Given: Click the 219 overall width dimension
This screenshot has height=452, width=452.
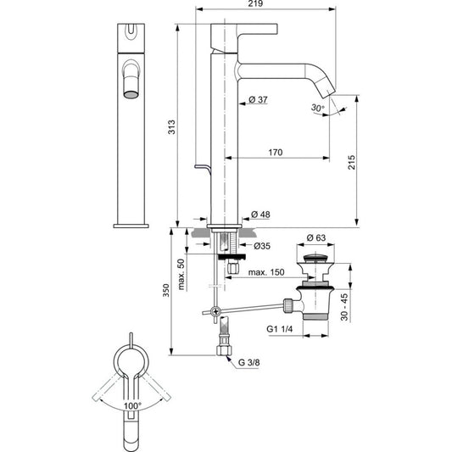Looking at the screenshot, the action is [x=255, y=3].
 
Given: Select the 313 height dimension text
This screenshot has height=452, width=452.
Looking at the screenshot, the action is [x=171, y=127].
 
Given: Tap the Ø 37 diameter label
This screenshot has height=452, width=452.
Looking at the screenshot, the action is [x=258, y=100].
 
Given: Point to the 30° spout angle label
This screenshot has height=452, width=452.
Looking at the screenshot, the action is [x=318, y=108].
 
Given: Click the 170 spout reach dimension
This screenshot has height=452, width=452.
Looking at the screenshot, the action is [x=276, y=152].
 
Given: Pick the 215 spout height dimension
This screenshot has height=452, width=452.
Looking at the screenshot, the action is [x=352, y=162].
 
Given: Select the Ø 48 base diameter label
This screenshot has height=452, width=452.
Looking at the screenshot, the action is [x=260, y=215].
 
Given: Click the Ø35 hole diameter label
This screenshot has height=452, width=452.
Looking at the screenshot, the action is [x=262, y=246].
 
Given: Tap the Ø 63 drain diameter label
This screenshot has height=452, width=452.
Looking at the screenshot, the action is [x=316, y=237].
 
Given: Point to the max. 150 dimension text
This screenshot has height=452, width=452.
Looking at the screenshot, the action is [x=266, y=272].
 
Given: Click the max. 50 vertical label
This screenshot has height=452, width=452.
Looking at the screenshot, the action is [x=181, y=274].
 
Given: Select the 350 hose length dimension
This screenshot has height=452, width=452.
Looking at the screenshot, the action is [x=165, y=291].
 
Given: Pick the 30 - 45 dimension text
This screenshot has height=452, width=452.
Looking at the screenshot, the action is [x=344, y=307].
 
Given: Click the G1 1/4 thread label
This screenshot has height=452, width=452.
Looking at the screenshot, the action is [x=279, y=329].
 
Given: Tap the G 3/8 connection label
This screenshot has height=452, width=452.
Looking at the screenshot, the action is [x=249, y=362].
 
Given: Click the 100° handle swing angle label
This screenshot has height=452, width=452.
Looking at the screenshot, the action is [x=132, y=406].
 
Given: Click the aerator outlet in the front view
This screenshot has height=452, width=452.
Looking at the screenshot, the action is [x=131, y=94].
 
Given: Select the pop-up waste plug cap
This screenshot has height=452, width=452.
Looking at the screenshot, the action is [x=315, y=258].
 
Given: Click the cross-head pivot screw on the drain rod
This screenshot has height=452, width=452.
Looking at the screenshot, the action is [x=215, y=311].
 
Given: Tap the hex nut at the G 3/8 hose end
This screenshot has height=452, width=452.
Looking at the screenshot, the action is [x=224, y=350].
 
